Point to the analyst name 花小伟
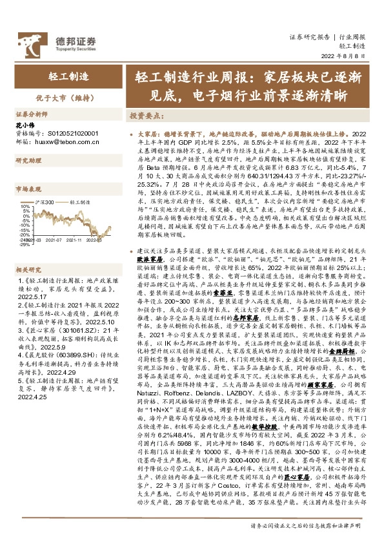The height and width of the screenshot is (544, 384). tap(23, 123)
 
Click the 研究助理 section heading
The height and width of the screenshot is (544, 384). tap(28, 160)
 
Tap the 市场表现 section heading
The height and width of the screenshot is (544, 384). tap(28, 190)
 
